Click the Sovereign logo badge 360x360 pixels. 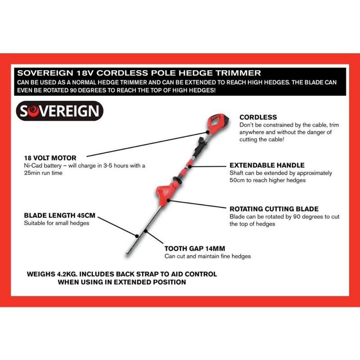60,111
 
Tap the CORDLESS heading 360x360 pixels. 258,117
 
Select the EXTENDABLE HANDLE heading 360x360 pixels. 267,165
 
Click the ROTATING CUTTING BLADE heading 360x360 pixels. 274,209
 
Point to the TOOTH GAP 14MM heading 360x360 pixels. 194,248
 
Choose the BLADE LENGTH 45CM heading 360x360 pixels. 59,216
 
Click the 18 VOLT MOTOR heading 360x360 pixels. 50,158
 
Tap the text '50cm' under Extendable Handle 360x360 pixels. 238,180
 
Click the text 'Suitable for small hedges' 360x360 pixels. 56,223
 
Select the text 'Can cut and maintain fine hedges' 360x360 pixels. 207,256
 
